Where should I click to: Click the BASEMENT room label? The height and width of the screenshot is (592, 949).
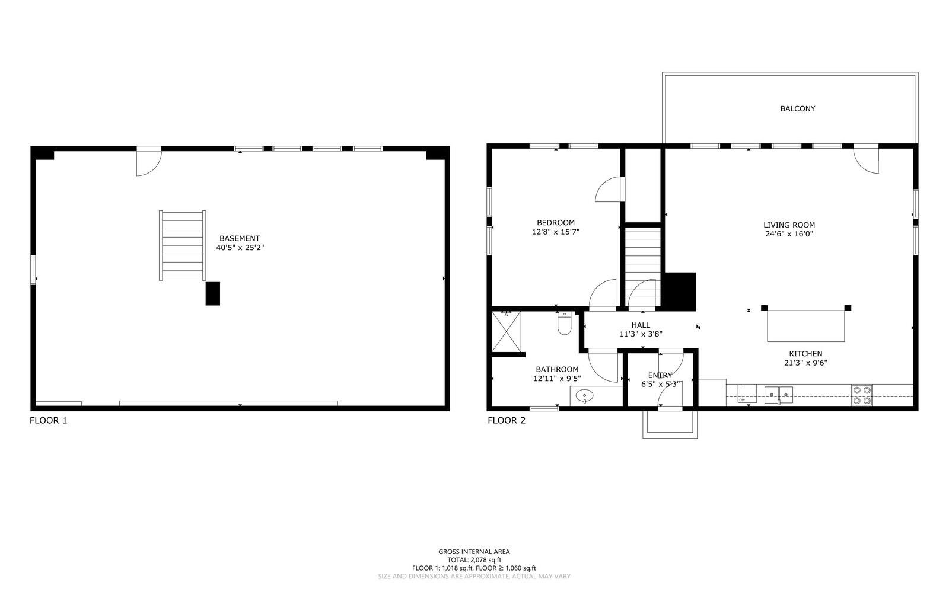[x=240, y=238]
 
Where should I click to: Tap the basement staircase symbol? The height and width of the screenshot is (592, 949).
[x=183, y=245]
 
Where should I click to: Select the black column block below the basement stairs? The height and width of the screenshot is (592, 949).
[x=212, y=293]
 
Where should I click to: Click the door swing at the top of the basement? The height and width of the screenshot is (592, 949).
[x=148, y=162]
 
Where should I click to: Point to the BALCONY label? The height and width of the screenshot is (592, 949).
[x=797, y=109]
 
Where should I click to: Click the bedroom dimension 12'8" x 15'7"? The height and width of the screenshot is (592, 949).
[x=555, y=232]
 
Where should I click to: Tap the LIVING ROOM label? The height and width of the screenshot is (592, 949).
[x=789, y=225]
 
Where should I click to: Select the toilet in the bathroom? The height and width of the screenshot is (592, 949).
[x=563, y=325]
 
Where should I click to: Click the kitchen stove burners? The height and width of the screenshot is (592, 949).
[x=862, y=395]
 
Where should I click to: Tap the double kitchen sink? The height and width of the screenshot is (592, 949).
[x=778, y=393]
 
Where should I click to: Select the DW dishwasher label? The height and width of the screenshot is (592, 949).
[x=742, y=401]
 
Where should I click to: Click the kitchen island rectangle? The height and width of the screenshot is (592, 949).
[x=806, y=327]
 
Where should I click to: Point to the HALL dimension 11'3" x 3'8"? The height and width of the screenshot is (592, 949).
[x=641, y=334]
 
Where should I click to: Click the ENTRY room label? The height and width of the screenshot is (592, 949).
[x=660, y=375]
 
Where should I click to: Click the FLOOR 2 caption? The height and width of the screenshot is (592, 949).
[x=507, y=421]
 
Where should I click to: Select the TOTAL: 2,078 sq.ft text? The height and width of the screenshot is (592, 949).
[x=474, y=559]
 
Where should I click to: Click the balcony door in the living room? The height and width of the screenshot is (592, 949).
[x=867, y=160]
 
